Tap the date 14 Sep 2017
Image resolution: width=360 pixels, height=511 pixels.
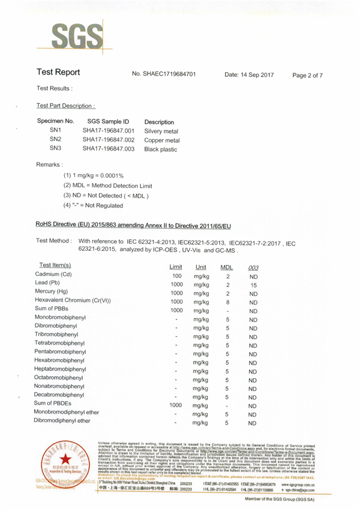coord(249,74)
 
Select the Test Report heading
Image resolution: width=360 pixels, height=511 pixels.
coord(58,73)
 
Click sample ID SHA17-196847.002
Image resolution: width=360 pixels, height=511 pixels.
coord(108,140)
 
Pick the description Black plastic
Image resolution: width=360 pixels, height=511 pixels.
coord(161,150)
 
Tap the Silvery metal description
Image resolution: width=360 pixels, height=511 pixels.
coord(161,131)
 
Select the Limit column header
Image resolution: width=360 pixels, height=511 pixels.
coord(176,267)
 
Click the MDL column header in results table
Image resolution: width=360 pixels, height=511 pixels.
coord(227,267)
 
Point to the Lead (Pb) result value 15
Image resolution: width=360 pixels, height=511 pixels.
coord(253,285)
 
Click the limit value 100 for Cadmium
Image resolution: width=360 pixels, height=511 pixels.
coord(177,276)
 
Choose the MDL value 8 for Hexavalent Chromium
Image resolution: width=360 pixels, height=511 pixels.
coord(228,303)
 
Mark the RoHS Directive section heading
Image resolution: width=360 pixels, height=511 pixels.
coord(133,225)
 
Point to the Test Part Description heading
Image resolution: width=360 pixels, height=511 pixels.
coord(65,106)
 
